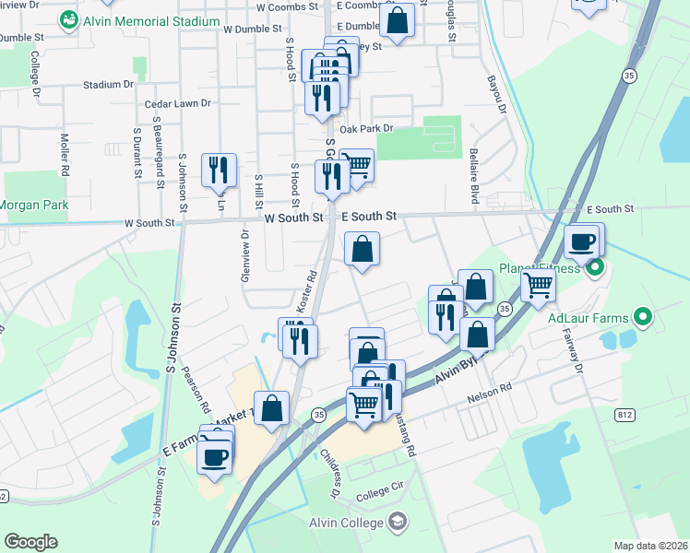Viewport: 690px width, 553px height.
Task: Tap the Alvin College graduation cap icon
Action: [x=397, y=522]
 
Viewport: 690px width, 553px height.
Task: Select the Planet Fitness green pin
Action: [x=596, y=269]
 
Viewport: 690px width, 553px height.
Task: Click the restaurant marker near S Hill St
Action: [x=219, y=171]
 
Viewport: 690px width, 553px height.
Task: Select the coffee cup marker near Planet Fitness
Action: [x=581, y=243]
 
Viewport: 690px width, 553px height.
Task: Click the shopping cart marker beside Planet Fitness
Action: [x=537, y=286]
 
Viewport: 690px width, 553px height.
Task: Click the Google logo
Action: [x=30, y=542]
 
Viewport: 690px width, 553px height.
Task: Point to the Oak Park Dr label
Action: [x=366, y=129]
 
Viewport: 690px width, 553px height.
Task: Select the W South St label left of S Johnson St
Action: [x=149, y=223]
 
